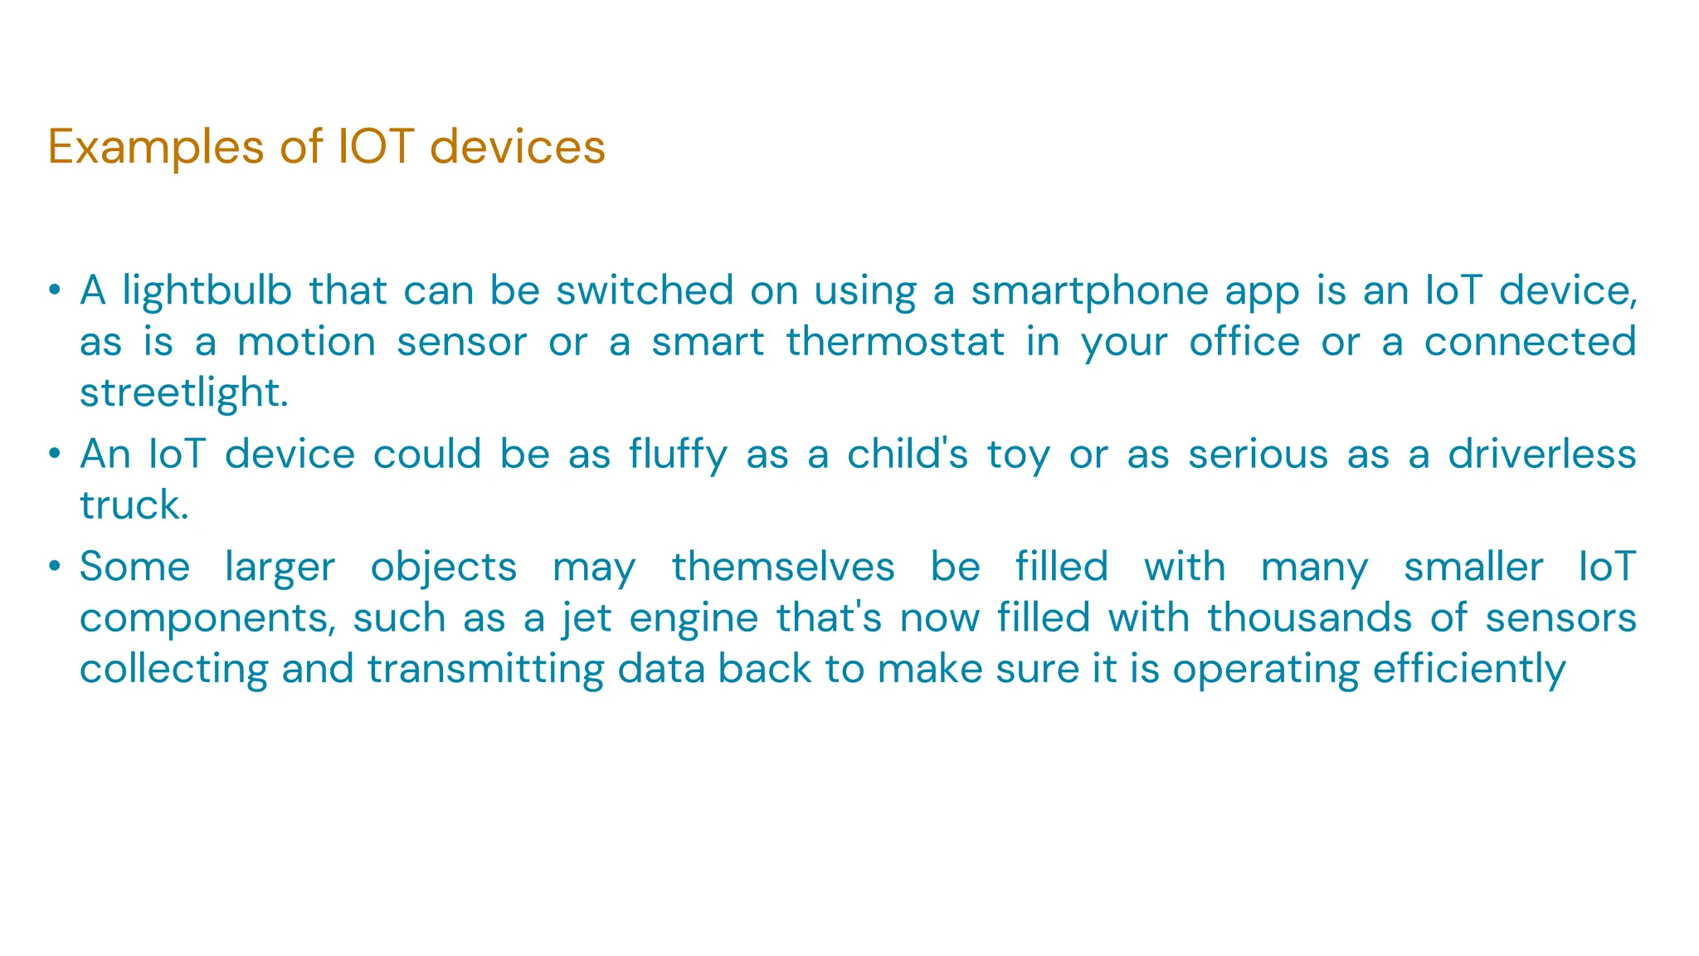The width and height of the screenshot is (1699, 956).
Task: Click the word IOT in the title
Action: [376, 147]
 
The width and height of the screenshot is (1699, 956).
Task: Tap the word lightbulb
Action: [207, 291]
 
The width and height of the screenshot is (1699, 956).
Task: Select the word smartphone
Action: [1089, 291]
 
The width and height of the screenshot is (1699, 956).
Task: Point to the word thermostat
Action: [895, 342]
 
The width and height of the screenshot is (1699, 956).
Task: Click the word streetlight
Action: [183, 393]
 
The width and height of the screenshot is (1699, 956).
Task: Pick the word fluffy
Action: [677, 455]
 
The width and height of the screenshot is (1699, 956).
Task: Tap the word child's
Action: [907, 454]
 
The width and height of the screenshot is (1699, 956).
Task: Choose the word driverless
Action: [1541, 454]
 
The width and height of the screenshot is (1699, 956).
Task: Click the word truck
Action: [134, 505]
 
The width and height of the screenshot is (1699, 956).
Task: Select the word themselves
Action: [782, 567]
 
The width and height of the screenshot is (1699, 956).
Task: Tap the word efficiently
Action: [1468, 669]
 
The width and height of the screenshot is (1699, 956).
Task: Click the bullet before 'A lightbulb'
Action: [54, 290]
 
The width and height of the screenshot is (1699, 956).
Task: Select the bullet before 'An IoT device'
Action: [54, 454]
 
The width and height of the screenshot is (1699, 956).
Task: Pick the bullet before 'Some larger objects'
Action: [54, 567]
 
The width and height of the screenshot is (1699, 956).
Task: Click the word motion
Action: [306, 342]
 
